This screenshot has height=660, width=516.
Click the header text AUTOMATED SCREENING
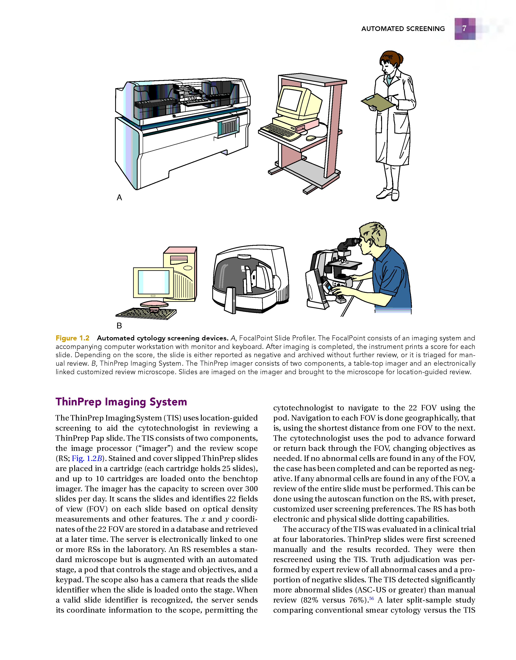(403, 29)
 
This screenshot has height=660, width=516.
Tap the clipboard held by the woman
(378, 102)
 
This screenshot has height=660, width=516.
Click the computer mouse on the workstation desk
(311, 138)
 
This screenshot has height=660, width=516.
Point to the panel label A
(119, 197)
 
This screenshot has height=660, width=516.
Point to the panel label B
(119, 325)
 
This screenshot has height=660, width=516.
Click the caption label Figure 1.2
(73, 338)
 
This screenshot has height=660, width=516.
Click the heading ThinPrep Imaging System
(121, 402)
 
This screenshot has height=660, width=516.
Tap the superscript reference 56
(372, 598)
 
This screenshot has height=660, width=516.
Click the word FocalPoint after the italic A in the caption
(256, 338)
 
